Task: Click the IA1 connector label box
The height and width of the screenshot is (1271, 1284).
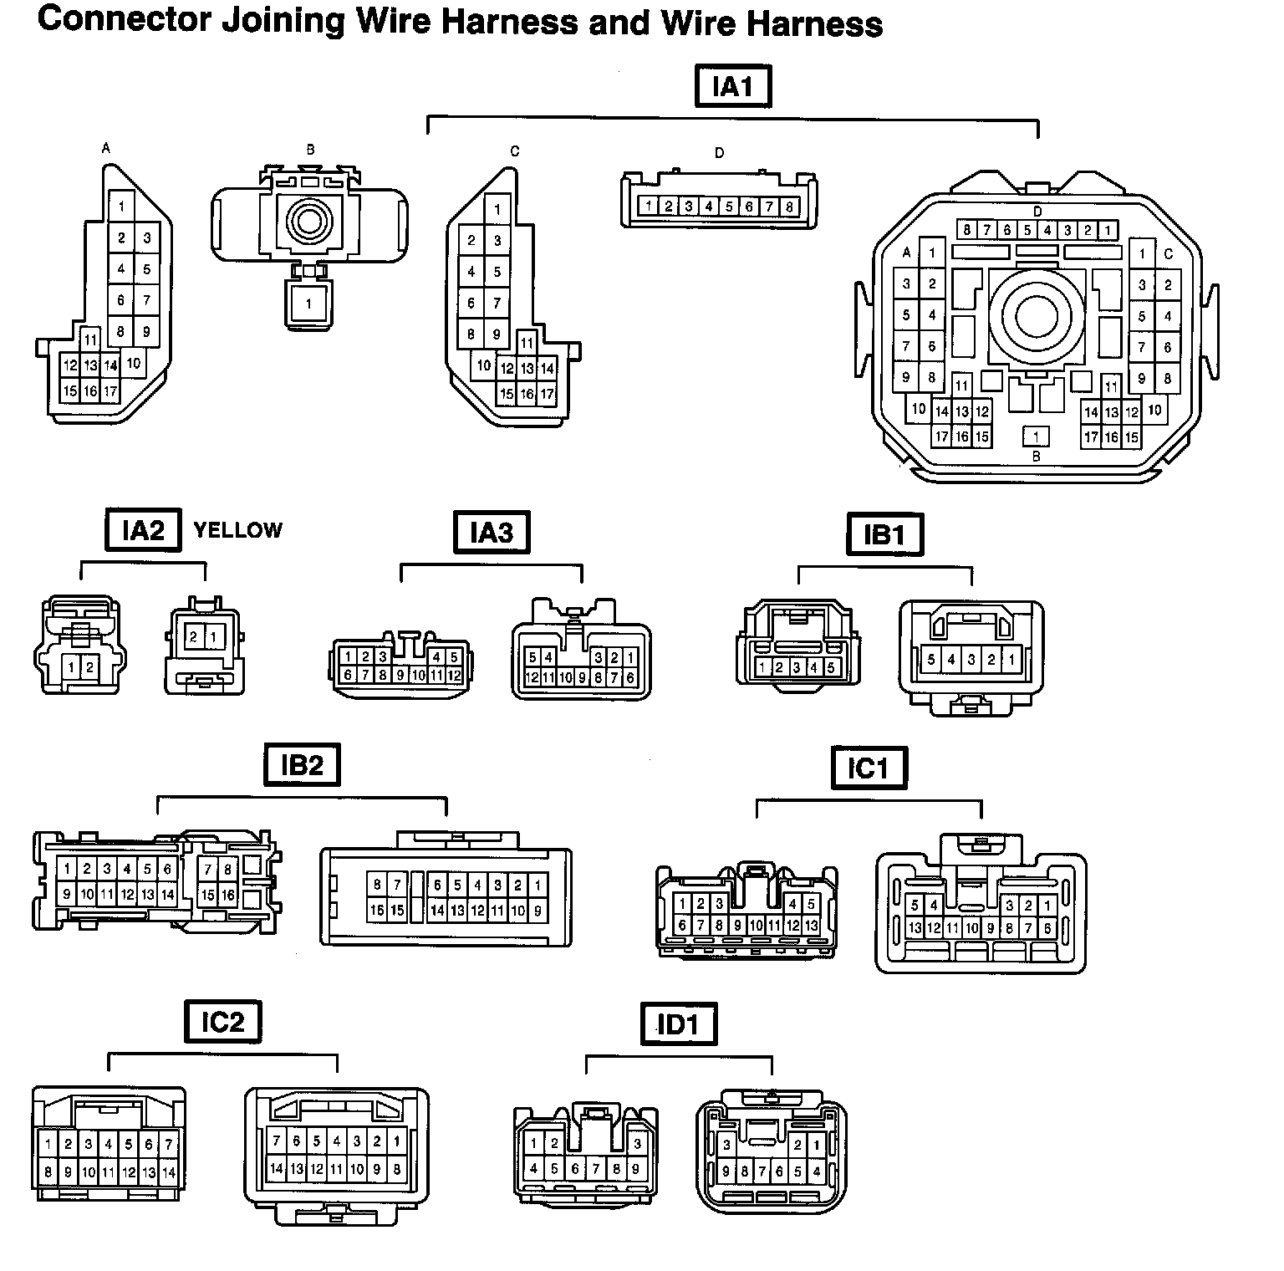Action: click(732, 86)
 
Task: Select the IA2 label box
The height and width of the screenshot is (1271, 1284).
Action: click(143, 529)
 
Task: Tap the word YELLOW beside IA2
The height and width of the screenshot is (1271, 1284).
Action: click(237, 530)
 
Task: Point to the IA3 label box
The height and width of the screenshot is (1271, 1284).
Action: click(492, 532)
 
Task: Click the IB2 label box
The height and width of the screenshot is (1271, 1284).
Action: click(302, 764)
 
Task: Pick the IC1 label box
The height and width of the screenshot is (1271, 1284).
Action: click(869, 768)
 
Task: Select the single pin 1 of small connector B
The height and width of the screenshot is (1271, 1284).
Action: click(308, 304)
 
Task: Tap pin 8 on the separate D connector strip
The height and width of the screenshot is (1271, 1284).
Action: click(789, 207)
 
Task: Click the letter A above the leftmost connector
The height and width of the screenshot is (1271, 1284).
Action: click(105, 149)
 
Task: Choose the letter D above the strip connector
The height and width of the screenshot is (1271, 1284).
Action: click(719, 153)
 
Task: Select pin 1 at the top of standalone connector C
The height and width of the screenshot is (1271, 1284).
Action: click(497, 210)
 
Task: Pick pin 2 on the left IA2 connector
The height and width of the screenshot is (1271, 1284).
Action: click(89, 666)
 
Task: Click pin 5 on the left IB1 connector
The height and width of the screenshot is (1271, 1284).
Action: click(831, 667)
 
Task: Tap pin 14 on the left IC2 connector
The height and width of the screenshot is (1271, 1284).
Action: click(169, 1172)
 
